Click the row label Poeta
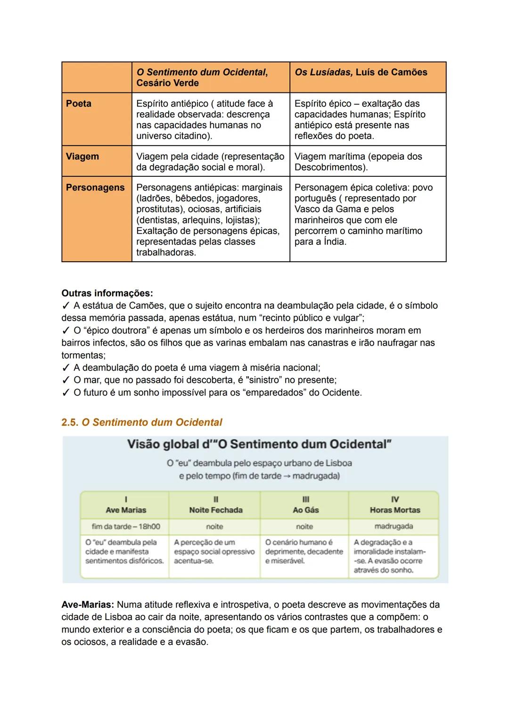(79, 104)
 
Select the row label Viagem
(82, 157)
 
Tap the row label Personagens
(95, 188)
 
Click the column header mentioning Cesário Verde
(202, 77)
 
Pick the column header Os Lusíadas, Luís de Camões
(361, 72)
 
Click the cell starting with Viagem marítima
(358, 162)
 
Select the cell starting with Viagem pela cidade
(210, 162)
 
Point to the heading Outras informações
(107, 293)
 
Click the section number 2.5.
(70, 422)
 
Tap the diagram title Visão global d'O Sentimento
(259, 445)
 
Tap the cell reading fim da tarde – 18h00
(126, 527)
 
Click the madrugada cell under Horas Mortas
(394, 527)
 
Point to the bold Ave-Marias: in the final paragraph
(88, 605)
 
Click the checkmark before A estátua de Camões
(66, 306)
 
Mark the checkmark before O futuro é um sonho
(66, 393)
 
